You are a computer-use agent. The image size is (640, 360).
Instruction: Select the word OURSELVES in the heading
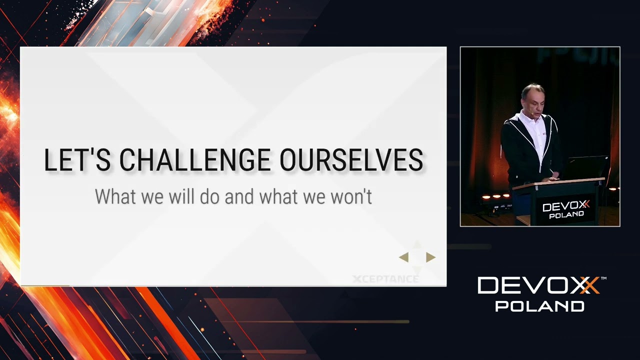[x=351, y=160]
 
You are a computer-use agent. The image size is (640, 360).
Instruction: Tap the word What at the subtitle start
[x=115, y=196]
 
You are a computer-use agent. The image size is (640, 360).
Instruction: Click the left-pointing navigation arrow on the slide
[x=404, y=257]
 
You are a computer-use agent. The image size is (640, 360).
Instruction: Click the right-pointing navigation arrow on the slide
[x=430, y=257]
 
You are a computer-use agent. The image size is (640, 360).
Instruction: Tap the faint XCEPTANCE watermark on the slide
[x=385, y=279]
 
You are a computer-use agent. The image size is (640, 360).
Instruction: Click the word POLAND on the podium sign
[x=566, y=215]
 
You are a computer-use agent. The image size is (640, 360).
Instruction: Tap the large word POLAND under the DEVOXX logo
[x=539, y=305]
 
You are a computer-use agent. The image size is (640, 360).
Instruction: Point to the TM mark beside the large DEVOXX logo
[x=603, y=278]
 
